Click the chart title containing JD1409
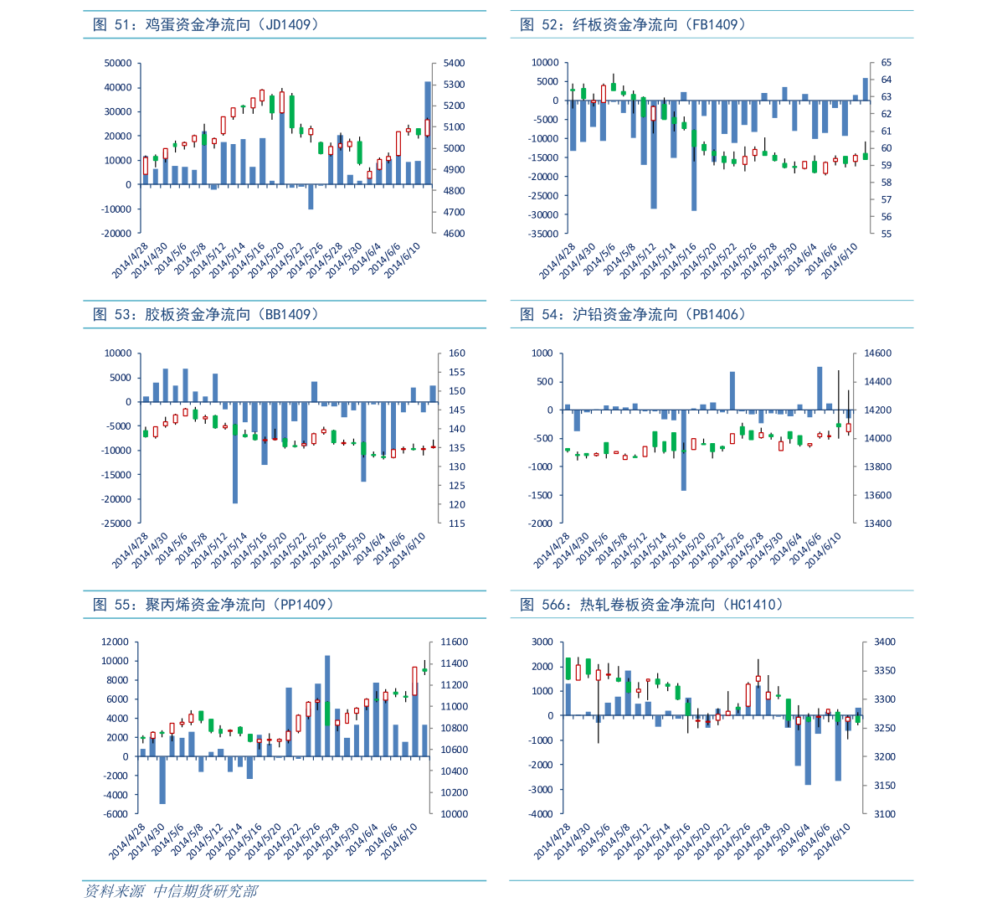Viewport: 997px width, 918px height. coord(206,25)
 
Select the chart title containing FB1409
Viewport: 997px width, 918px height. coord(633,25)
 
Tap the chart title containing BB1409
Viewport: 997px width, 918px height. coord(206,315)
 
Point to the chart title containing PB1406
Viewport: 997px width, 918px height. coord(633,315)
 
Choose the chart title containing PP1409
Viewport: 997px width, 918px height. coord(214,605)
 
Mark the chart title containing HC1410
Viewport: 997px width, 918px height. coord(651,605)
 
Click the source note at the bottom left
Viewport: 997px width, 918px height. coord(171,891)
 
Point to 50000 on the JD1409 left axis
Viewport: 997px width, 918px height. coord(118,64)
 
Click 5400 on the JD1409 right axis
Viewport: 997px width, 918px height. coord(454,64)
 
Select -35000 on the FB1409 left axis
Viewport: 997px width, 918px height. coord(544,235)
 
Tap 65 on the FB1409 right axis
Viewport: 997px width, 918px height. coord(887,64)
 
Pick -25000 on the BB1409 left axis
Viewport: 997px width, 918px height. coord(118,524)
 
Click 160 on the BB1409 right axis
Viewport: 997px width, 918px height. coord(457,353)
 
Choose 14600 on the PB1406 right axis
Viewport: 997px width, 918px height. coord(878,353)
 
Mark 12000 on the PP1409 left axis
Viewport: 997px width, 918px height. coord(115,642)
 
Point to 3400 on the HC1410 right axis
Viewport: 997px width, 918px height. coord(885,642)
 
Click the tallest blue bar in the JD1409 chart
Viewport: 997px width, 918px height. coord(428,132)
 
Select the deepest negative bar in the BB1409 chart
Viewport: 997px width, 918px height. coord(235,452)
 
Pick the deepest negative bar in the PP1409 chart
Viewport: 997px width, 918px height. coord(162,780)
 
